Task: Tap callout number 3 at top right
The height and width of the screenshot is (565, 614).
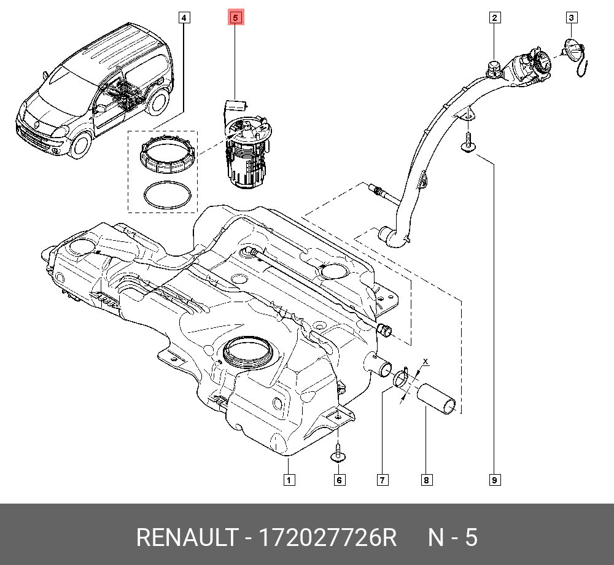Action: pos(571,18)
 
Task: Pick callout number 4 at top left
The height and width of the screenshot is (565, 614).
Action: pos(184,18)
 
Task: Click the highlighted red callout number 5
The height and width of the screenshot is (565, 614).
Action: pos(236,18)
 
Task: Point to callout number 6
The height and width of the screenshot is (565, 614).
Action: pos(340,480)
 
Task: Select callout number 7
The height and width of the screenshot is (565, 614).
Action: pos(382,480)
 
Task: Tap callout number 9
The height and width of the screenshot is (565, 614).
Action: pos(494,480)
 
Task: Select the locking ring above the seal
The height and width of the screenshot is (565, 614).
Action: pos(168,156)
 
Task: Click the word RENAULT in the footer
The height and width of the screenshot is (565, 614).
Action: pos(185,538)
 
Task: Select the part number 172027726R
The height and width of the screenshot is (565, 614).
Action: pos(328,538)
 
